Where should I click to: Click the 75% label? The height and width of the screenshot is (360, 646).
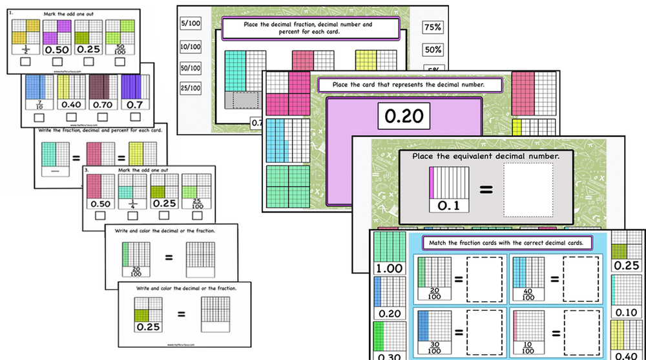click(x=432, y=27)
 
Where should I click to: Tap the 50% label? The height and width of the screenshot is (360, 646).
click(x=432, y=49)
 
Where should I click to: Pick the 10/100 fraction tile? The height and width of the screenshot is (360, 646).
click(x=191, y=47)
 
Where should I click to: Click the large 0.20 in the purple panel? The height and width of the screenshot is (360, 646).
click(x=404, y=116)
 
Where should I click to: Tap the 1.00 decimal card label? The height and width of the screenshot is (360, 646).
click(x=389, y=268)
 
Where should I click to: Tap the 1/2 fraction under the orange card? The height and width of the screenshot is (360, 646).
click(x=25, y=50)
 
